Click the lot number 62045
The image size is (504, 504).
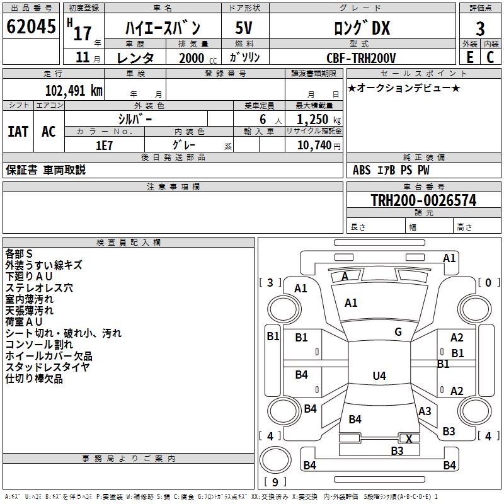click(31, 26)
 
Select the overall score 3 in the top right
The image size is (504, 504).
click(480, 28)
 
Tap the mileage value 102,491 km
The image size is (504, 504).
click(74, 91)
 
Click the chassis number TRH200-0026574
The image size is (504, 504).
click(423, 200)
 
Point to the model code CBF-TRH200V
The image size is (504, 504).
click(361, 58)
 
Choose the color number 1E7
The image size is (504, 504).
click(104, 146)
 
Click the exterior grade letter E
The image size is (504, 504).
click(469, 57)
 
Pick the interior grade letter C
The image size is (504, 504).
click(490, 57)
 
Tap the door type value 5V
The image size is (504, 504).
click(244, 28)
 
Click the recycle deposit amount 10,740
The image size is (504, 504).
click(314, 146)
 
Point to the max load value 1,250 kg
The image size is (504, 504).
click(319, 120)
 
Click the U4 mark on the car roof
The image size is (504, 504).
click(379, 375)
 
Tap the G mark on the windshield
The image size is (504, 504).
click(398, 332)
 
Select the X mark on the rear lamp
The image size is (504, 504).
click(409, 438)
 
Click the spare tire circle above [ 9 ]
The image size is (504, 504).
click(275, 460)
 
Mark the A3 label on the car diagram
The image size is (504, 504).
click(425, 411)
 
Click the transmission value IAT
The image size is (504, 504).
click(18, 132)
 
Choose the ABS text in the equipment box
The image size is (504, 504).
click(362, 170)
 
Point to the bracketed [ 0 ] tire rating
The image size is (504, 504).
click(489, 282)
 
